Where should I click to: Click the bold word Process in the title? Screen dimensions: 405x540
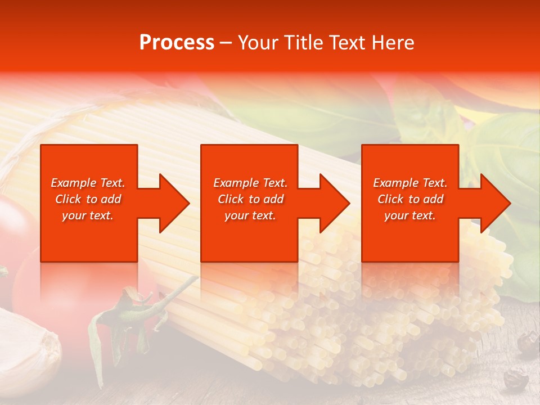pos(177,43)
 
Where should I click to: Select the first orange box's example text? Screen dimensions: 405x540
pos(88,199)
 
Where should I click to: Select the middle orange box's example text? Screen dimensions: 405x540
pos(250,199)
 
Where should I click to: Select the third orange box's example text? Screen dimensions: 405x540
pos(410,199)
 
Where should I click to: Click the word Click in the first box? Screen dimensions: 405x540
pos(69,199)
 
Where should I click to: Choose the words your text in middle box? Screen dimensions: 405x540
pos(250,215)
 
